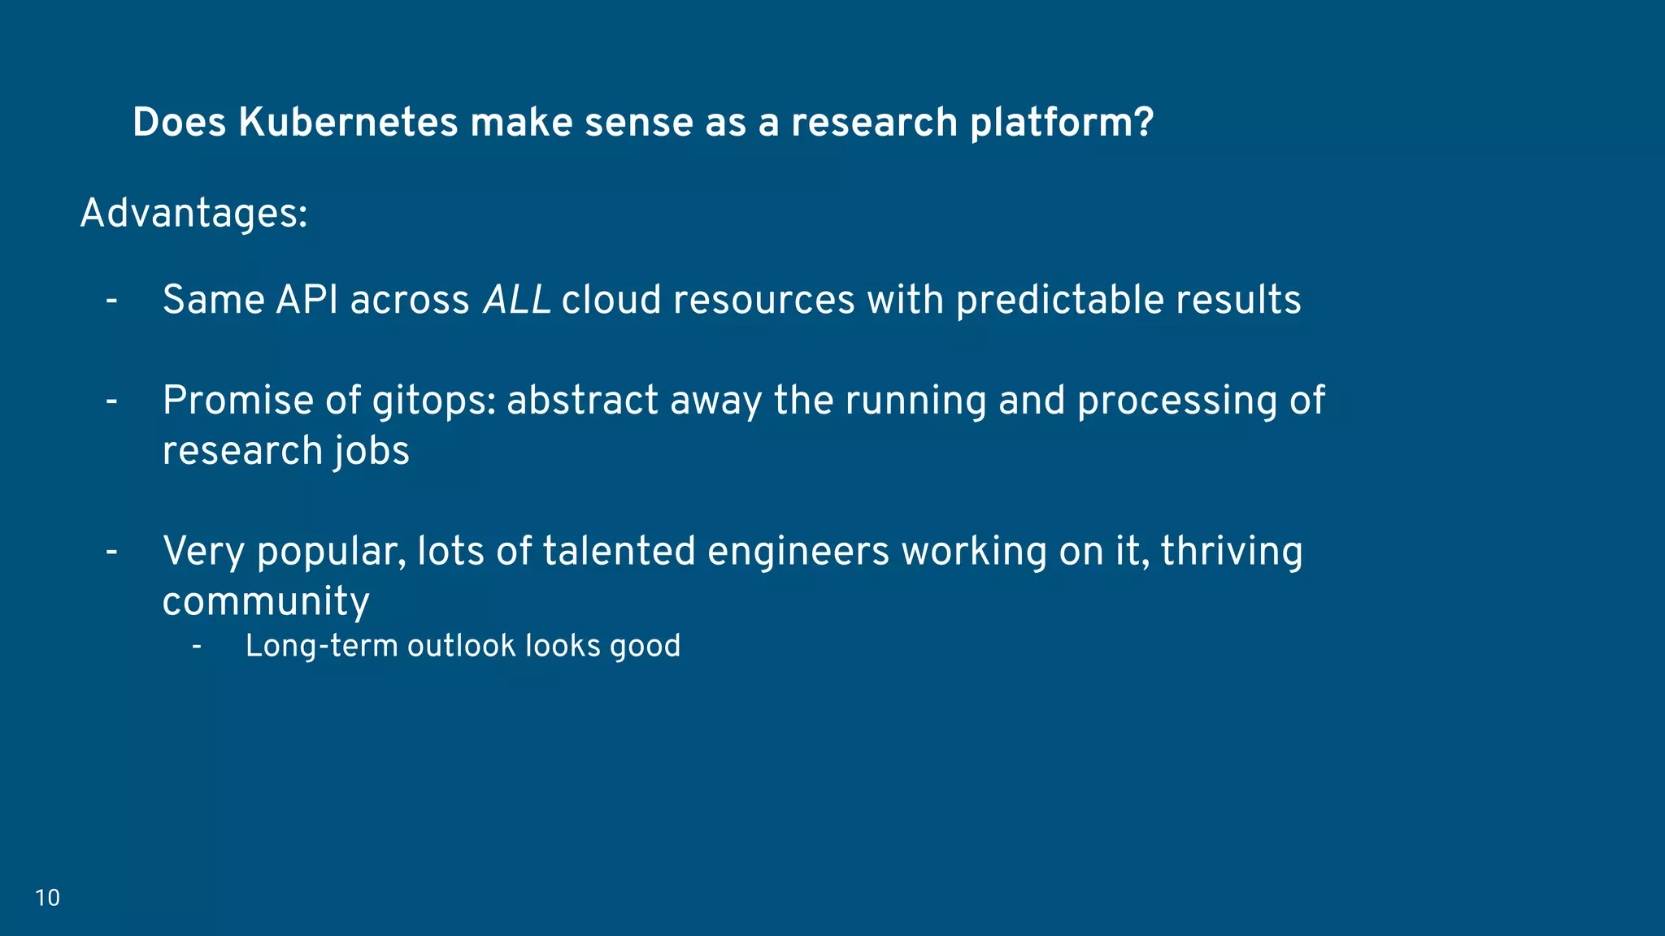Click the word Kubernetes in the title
pos(348,123)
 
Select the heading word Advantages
pos(189,214)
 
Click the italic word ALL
pos(517,300)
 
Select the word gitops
pos(432,401)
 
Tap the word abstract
pos(582,401)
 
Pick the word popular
pos(331,552)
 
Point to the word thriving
pos(1231,552)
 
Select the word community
pos(266,602)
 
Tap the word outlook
pos(461,646)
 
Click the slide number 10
pos(47,898)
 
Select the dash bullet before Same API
pos(112,301)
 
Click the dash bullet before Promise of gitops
pos(112,401)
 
